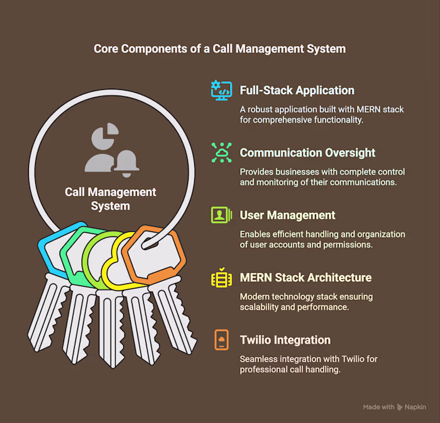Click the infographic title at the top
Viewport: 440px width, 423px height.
coord(220,49)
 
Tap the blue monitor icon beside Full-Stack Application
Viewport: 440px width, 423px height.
coord(221,91)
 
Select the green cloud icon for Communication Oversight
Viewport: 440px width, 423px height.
coord(221,153)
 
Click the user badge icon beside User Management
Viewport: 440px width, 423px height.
coord(221,215)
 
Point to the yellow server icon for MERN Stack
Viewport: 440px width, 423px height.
coord(221,277)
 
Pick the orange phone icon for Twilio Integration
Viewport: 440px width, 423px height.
coord(221,340)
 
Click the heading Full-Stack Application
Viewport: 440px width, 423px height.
coord(297,91)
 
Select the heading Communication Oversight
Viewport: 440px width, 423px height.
coord(307,153)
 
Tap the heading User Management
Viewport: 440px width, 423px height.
coord(287,215)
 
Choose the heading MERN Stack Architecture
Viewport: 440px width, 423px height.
coord(305,277)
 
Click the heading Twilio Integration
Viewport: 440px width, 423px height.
coord(285,340)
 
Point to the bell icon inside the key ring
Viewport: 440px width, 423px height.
coord(126,164)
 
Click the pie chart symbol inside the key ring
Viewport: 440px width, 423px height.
coord(105,136)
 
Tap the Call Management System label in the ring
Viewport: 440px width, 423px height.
coord(110,199)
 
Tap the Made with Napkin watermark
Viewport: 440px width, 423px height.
coord(395,407)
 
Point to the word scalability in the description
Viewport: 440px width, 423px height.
coord(259,307)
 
